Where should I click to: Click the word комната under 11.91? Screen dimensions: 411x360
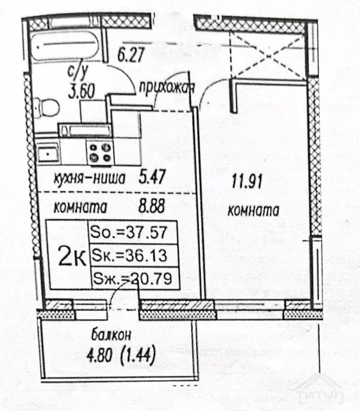[x=253, y=211]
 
